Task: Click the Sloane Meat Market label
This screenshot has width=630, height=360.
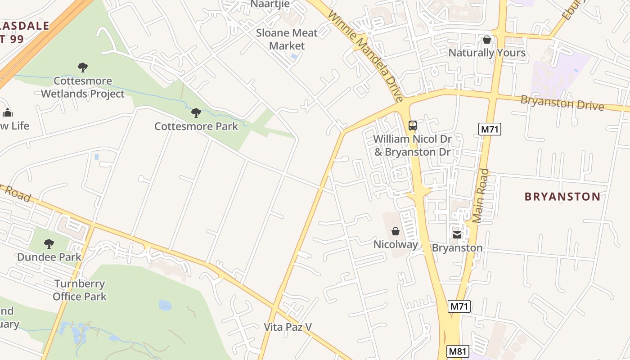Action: pos(287,39)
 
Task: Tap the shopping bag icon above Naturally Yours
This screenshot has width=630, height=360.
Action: pos(486,40)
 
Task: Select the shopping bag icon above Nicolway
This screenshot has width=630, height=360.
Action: pos(395,231)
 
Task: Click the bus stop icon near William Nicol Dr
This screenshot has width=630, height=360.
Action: pos(412,126)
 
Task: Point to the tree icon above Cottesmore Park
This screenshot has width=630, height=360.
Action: pos(196,113)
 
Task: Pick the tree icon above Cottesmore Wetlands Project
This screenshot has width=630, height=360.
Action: pos(82,68)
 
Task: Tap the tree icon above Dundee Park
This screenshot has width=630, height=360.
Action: pos(49,244)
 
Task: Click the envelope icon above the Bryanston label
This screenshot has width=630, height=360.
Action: pos(457,234)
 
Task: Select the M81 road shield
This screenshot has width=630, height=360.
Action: pos(458,351)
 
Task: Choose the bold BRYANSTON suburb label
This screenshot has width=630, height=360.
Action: pos(562,196)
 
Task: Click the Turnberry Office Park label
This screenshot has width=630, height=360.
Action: pos(80,290)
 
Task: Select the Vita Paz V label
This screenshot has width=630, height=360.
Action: pos(288,327)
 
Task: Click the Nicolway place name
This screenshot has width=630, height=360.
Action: pos(396,244)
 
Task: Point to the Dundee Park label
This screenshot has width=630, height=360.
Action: pos(49,257)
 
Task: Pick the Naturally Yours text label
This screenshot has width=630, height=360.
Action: pos(487,53)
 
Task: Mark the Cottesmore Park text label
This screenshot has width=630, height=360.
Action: pos(196,126)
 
